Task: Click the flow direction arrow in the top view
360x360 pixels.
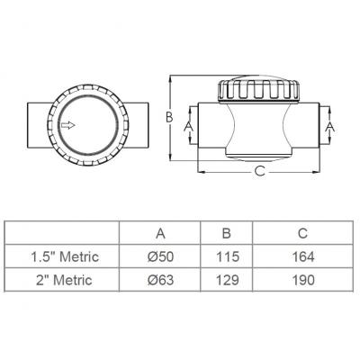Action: [x=68, y=125]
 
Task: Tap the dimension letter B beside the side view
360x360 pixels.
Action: [x=170, y=117]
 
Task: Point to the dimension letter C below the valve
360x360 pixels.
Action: [x=259, y=171]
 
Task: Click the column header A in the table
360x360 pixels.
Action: [x=160, y=233]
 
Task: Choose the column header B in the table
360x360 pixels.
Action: [x=227, y=233]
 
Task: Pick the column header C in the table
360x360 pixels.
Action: [x=303, y=233]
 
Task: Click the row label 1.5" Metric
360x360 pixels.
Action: [x=65, y=256]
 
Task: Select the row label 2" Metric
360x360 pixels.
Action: [x=65, y=280]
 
